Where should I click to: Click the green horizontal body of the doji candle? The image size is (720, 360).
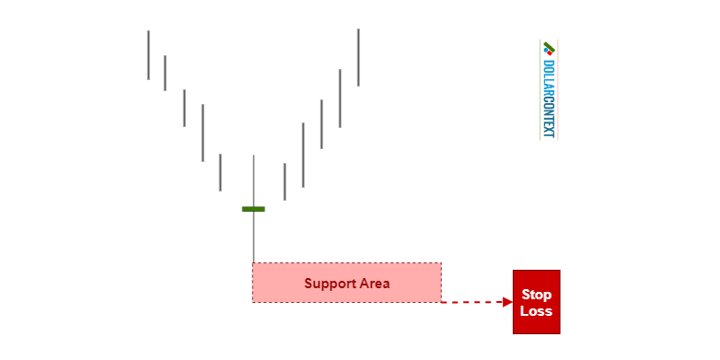coord(253,209)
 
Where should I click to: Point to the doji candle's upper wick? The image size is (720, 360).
coord(253,180)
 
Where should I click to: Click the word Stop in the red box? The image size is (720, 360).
coord(536,295)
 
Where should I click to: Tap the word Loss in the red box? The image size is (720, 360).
coord(536,311)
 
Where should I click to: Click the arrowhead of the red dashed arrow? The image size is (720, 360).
coord(507,302)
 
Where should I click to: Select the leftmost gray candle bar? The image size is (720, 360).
coord(147,55)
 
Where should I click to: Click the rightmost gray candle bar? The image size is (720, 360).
coord(358,57)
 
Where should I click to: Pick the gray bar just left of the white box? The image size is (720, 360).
coord(220,172)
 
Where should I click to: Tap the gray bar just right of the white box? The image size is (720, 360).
coord(285,181)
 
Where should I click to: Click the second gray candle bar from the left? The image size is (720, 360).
coord(165,73)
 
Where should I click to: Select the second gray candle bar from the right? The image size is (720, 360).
coord(340,99)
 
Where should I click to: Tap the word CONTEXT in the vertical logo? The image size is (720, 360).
coord(549,118)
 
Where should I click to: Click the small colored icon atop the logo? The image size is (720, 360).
coord(550,49)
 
